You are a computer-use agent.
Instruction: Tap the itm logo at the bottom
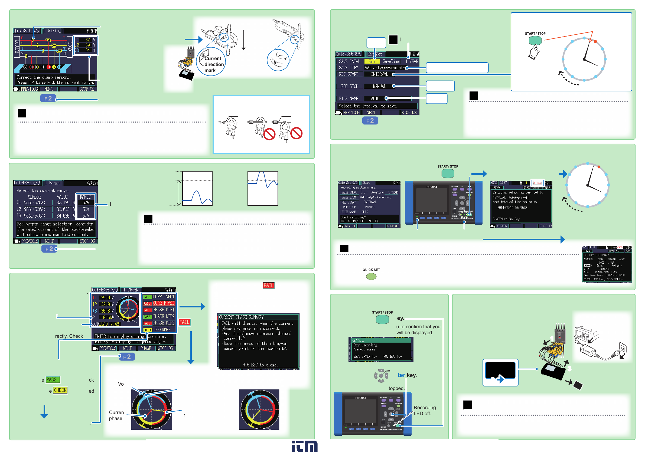tap(304, 446)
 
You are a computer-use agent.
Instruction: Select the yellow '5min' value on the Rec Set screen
tap(372, 61)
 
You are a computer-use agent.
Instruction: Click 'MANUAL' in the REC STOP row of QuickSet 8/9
tap(379, 87)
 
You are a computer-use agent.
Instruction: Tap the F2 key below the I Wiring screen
tap(48, 99)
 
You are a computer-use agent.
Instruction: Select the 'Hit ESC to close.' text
tap(260, 365)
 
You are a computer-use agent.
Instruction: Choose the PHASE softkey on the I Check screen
tap(146, 349)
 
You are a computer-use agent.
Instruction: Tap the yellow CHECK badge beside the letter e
tap(60, 390)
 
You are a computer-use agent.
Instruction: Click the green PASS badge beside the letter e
tap(52, 380)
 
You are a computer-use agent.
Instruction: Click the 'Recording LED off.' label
tap(425, 411)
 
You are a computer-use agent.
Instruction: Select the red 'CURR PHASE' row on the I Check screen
tap(164, 303)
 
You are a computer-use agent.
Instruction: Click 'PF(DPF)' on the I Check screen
tap(162, 330)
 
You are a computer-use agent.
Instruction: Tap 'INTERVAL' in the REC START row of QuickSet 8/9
tap(379, 74)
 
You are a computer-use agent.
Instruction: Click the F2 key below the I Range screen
tap(49, 249)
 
